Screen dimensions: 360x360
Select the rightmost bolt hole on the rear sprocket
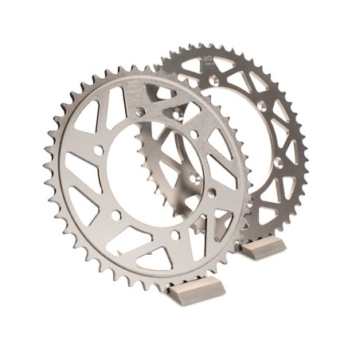pos(278,163)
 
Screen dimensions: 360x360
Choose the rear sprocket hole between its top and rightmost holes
pos(262,104)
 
